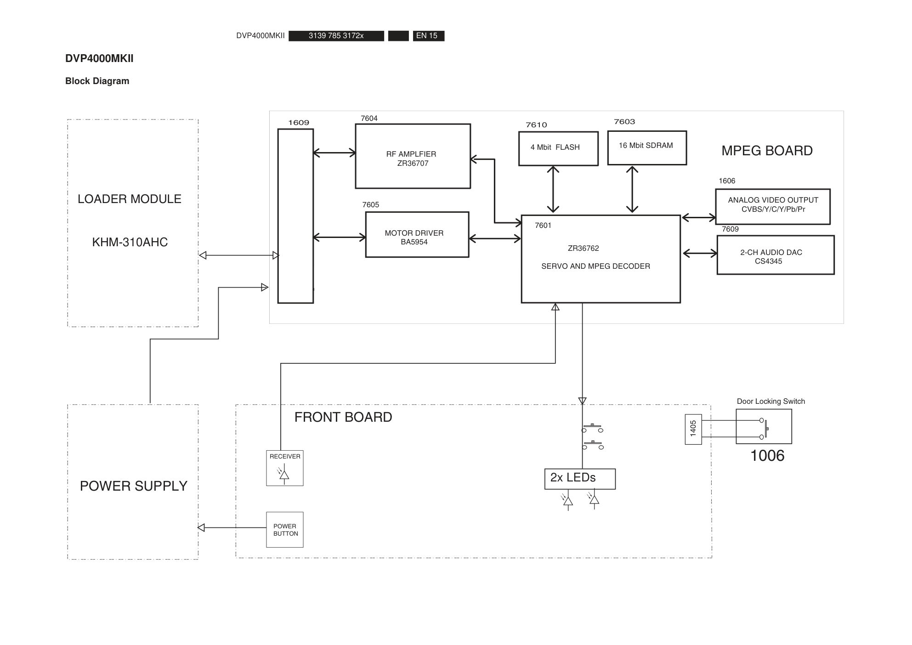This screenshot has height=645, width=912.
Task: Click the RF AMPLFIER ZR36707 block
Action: pyautogui.click(x=413, y=156)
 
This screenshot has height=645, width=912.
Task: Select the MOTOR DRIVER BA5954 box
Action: pyautogui.click(x=417, y=235)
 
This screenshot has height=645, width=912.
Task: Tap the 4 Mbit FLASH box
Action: pyautogui.click(x=558, y=148)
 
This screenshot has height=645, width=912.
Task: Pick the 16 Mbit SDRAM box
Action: pyautogui.click(x=647, y=147)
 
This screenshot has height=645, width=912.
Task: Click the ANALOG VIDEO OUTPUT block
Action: pyautogui.click(x=773, y=206)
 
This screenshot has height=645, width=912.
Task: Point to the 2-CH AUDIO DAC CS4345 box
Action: pyautogui.click(x=775, y=255)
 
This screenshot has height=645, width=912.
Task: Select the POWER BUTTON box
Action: pyautogui.click(x=285, y=530)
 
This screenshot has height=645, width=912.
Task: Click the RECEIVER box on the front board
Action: pyautogui.click(x=285, y=468)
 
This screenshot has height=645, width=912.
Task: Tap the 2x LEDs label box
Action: pyautogui.click(x=580, y=479)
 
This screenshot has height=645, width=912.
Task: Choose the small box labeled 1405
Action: pyautogui.click(x=693, y=429)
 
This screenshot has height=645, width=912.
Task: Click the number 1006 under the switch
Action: pyautogui.click(x=767, y=456)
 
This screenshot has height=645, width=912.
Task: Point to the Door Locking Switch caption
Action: pyautogui.click(x=770, y=402)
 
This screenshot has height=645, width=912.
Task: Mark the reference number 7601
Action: pyautogui.click(x=543, y=226)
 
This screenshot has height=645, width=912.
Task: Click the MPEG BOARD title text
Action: pyautogui.click(x=767, y=151)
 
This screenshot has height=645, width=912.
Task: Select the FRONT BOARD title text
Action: pyautogui.click(x=343, y=417)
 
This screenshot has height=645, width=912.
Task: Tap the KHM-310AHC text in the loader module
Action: pyautogui.click(x=130, y=242)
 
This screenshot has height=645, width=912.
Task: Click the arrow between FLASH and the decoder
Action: pyautogui.click(x=553, y=189)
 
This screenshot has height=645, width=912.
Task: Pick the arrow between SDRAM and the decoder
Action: pyautogui.click(x=632, y=189)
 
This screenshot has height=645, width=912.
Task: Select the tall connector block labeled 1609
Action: pyautogui.click(x=295, y=216)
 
